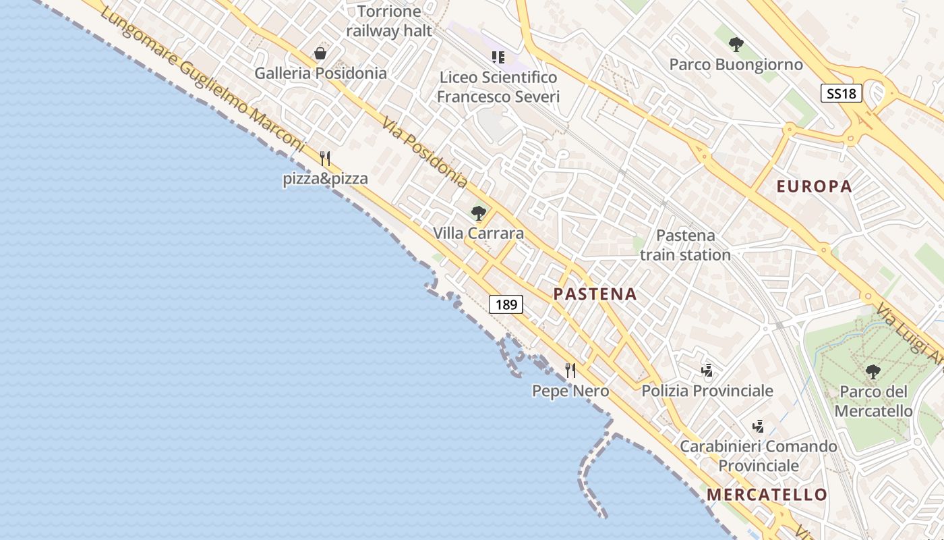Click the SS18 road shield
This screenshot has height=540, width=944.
pyautogui.click(x=842, y=93)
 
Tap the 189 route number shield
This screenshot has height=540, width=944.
pyautogui.click(x=506, y=304)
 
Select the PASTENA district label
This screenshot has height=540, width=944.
pyautogui.click(x=595, y=294)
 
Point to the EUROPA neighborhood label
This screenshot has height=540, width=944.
pyautogui.click(x=815, y=187)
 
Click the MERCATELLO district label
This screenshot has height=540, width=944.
pyautogui.click(x=767, y=495)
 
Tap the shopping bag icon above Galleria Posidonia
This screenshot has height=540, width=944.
pyautogui.click(x=320, y=53)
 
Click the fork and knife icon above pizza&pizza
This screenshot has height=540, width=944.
pyautogui.click(x=325, y=159)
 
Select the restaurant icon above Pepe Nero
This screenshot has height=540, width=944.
pyautogui.click(x=570, y=370)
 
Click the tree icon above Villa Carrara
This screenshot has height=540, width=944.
pyautogui.click(x=479, y=214)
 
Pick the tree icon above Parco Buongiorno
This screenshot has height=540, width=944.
pyautogui.click(x=736, y=45)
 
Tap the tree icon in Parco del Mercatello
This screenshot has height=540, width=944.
pyautogui.click(x=873, y=371)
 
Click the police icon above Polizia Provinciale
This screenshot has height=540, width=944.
pyautogui.click(x=707, y=370)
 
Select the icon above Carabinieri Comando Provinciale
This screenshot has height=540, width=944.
pyautogui.click(x=758, y=426)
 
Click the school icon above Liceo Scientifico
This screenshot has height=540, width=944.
pyautogui.click(x=498, y=57)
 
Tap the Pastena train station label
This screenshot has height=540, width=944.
pyautogui.click(x=685, y=245)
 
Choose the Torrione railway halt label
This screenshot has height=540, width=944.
pyautogui.click(x=389, y=21)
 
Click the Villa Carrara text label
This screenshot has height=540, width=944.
pyautogui.click(x=478, y=234)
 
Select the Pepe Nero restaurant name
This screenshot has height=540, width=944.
pyautogui.click(x=570, y=391)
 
